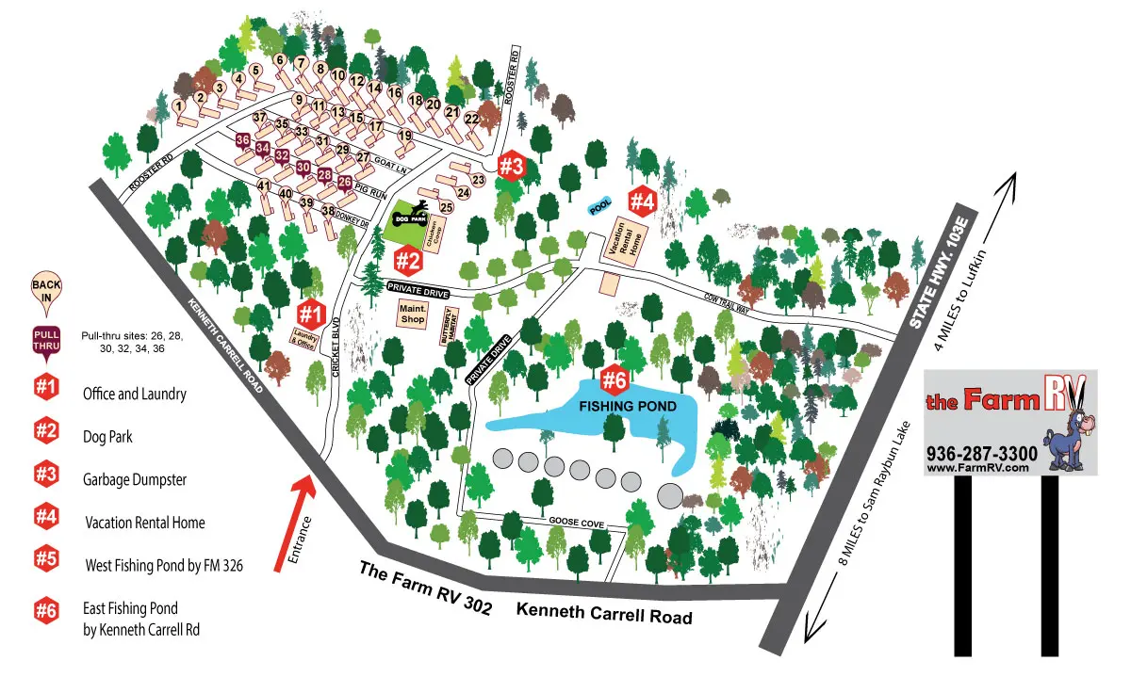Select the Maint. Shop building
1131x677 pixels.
[412, 314]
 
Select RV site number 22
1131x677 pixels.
[472, 120]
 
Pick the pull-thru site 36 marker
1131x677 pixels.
[243, 141]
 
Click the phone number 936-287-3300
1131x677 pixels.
[982, 453]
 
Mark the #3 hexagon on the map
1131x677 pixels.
[510, 166]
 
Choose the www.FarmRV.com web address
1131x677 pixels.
[975, 468]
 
